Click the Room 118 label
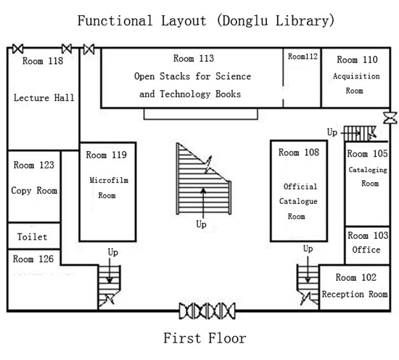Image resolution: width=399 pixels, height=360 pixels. [43, 61]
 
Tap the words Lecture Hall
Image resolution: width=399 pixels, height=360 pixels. [44, 98]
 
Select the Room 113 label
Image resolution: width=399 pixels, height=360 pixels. [194, 58]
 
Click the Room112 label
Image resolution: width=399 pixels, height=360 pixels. [303, 57]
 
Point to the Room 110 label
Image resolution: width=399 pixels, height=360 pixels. [357, 60]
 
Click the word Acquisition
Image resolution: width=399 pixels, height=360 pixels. [356, 76]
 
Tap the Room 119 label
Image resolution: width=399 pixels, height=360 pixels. [106, 155]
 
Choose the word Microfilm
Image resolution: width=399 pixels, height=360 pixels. [109, 180]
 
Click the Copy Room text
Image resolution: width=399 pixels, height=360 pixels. [34, 191]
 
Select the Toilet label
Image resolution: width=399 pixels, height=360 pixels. [33, 237]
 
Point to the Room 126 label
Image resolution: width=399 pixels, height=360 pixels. [33, 259]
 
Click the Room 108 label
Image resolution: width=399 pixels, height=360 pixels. [298, 152]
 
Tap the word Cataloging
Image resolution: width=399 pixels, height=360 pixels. [368, 170]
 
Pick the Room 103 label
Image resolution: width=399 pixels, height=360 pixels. [368, 235]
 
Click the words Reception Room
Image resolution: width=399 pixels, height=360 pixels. [355, 294]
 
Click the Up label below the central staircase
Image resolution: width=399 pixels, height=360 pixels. [201, 224]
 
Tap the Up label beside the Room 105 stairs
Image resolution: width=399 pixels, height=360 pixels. [332, 132]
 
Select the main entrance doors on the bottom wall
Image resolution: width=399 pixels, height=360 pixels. [207, 311]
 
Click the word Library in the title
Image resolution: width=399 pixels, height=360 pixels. [305, 20]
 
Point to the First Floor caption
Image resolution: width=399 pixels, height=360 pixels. [205, 338]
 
